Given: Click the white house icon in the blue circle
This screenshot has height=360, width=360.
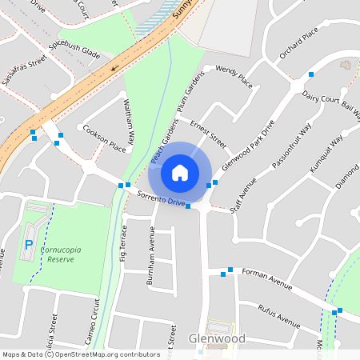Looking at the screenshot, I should pyautogui.click(x=180, y=172).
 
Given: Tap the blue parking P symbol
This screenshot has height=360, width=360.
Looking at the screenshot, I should pyautogui.click(x=30, y=245).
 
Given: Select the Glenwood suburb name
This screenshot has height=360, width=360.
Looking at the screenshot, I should pyautogui.click(x=217, y=339).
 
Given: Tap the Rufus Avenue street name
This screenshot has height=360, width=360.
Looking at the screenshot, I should pyautogui.click(x=279, y=316).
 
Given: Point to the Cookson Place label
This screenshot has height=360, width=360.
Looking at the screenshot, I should pyautogui.click(x=104, y=138).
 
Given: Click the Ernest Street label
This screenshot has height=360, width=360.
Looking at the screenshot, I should pyautogui.click(x=208, y=134).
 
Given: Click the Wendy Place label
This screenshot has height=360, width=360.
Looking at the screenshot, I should pyautogui.click(x=234, y=78).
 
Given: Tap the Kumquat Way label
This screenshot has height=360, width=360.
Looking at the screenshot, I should pyautogui.click(x=325, y=150).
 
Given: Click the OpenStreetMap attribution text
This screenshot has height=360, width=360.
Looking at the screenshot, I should pyautogui.click(x=81, y=354).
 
